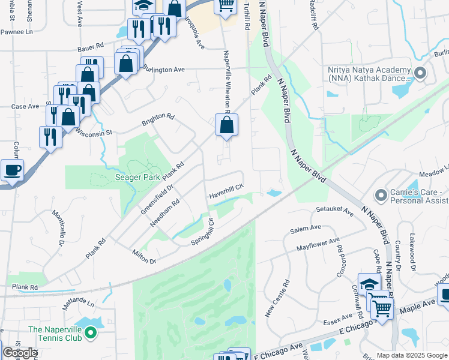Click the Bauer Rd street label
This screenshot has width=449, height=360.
[x=91, y=46]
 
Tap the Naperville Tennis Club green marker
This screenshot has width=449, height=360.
[x=91, y=331]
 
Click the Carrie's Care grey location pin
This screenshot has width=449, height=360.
[x=380, y=195]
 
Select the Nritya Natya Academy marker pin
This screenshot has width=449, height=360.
[x=420, y=74]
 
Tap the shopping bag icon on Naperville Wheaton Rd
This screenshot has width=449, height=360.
[x=226, y=125]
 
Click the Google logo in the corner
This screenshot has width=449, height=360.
[x=20, y=353]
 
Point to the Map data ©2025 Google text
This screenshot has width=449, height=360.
[x=411, y=355]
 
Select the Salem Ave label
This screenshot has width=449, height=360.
[x=306, y=229]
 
